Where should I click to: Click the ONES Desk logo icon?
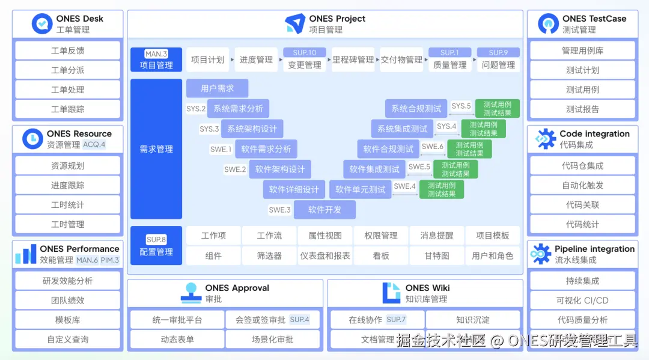(x=42, y=23)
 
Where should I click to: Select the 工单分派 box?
(x=67, y=70)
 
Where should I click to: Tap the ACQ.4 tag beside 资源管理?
(x=94, y=145)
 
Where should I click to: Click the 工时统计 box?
(x=67, y=205)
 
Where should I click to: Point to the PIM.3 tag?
(x=109, y=260)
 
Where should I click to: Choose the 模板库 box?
(x=67, y=320)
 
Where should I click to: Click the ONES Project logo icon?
(x=295, y=23)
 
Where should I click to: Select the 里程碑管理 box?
(x=353, y=60)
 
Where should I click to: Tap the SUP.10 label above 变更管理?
(x=305, y=53)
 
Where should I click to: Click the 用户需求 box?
(x=218, y=88)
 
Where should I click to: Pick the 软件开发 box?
(x=324, y=210)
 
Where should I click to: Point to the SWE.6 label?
(x=433, y=147)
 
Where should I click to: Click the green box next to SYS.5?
(x=497, y=109)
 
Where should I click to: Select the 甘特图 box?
(x=437, y=255)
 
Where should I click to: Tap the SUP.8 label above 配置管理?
(x=156, y=240)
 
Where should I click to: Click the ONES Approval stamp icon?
(x=192, y=293)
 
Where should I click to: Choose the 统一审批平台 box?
(x=177, y=320)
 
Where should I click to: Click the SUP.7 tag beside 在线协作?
(x=396, y=320)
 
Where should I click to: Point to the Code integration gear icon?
(x=546, y=139)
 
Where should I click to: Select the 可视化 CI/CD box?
(x=582, y=301)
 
